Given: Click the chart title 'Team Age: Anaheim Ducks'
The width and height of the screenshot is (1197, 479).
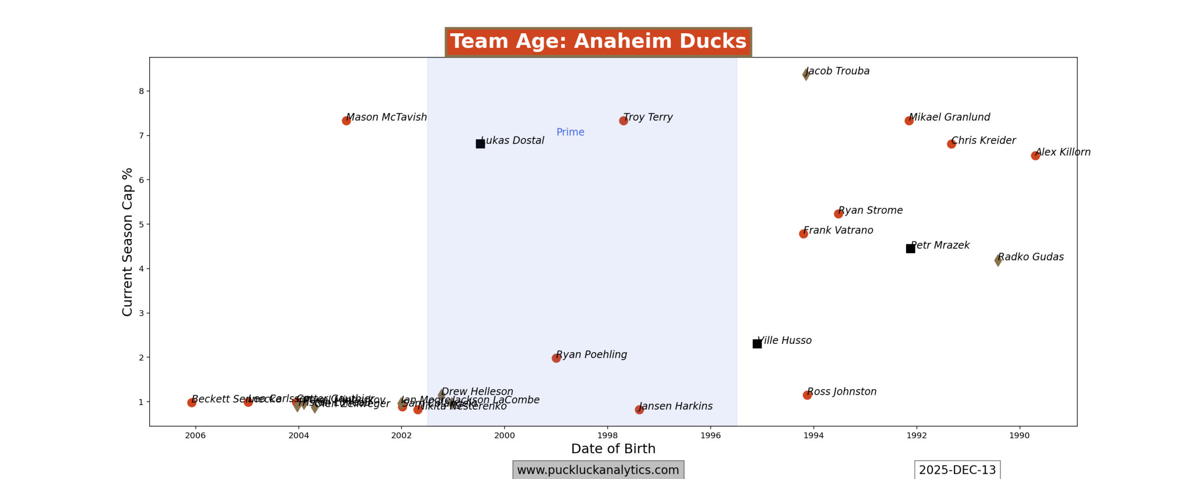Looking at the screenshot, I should coord(598,42).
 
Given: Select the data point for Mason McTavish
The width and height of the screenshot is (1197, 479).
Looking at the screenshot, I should coord(346,121).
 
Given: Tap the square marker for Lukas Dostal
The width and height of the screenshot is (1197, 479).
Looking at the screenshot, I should coord(480,144).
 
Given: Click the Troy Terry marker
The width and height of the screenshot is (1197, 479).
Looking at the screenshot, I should coord(623,121).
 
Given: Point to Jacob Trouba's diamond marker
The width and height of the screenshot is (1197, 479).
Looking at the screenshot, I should coord(806,74).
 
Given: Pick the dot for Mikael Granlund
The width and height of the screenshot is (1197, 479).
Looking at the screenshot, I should coord(909,121).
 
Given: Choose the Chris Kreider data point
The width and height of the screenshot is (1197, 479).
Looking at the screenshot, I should coord(951,144).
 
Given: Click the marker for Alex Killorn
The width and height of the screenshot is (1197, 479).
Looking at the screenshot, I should coord(1035,156).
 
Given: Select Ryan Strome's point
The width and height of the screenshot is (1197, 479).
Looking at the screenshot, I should coord(838,214).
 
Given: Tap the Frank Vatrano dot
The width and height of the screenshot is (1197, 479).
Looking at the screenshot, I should coord(803,234).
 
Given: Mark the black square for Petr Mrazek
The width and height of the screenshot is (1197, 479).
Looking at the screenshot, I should coord(910,248).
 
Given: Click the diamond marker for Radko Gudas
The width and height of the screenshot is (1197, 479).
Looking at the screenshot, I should coord(998,261).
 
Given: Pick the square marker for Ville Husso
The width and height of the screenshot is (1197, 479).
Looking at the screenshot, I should coord(757,344).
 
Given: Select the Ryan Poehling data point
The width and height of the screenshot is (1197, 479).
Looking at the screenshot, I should coord(556,358).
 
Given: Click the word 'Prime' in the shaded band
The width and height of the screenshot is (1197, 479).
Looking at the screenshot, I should coord(570,132).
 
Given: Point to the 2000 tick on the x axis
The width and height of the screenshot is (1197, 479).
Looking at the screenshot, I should coord(505,435).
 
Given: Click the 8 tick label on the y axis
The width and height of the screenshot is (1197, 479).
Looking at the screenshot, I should coord(141,91).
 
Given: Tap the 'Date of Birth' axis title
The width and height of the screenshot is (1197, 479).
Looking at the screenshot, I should coord(613,449).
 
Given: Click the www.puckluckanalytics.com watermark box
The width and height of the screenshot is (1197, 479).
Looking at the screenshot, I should coord(598,470).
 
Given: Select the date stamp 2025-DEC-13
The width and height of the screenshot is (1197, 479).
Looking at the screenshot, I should coord(957,470).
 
